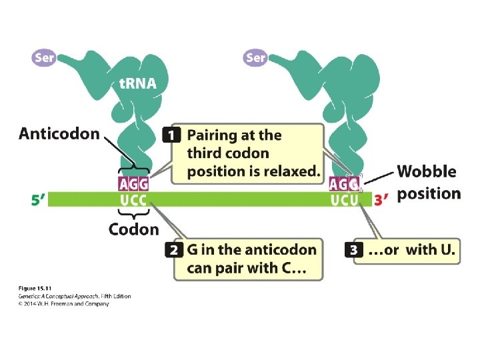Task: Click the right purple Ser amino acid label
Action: (x=255, y=57)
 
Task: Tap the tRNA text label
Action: (x=138, y=85)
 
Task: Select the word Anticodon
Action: (x=59, y=134)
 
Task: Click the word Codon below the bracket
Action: (x=134, y=229)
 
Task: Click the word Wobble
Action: (x=427, y=171)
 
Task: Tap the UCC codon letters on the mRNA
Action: (x=133, y=199)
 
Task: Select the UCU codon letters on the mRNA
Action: (x=344, y=199)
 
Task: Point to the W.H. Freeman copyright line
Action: (x=63, y=304)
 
